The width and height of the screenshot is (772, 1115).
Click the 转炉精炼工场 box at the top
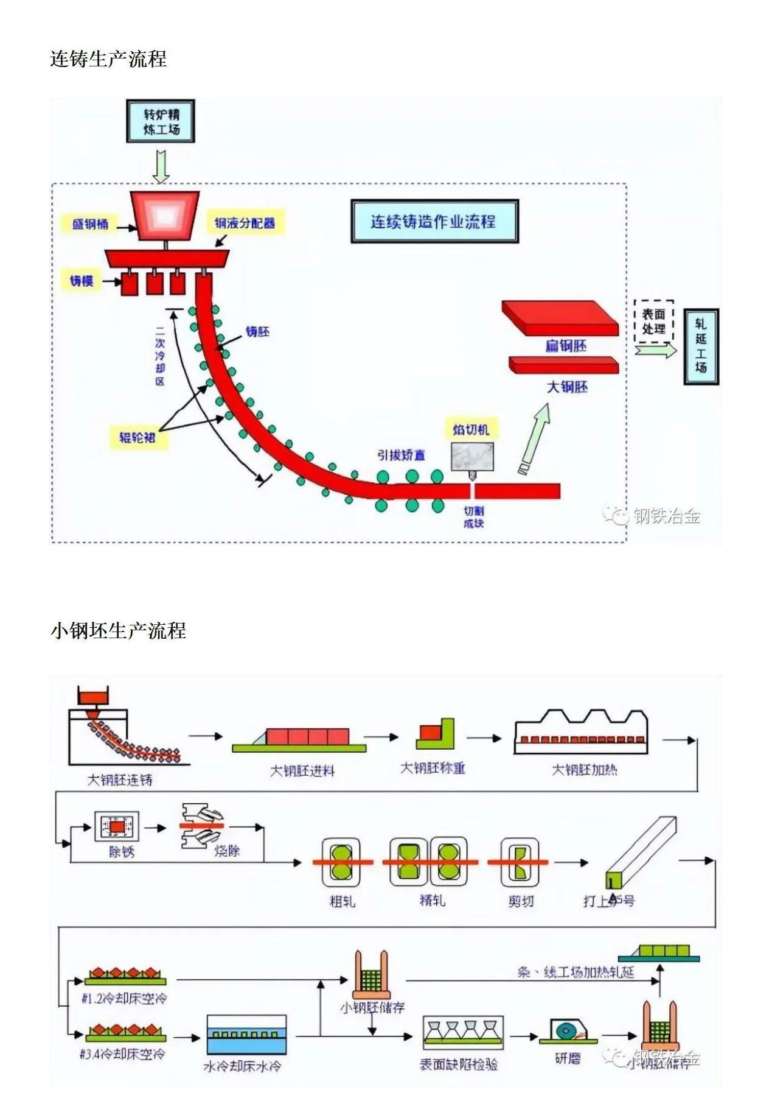pyautogui.click(x=161, y=122)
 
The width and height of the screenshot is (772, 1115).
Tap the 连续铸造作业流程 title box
pyautogui.click(x=434, y=221)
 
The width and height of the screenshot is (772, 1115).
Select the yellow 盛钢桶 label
pyautogui.click(x=90, y=224)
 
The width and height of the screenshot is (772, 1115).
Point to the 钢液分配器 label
pyautogui.click(x=245, y=223)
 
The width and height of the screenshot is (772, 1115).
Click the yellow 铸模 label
pyautogui.click(x=82, y=281)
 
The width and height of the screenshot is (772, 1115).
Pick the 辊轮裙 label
pyautogui.click(x=137, y=437)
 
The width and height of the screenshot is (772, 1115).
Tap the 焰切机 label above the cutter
pyautogui.click(x=471, y=429)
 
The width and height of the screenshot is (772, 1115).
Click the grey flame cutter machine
pyautogui.click(x=472, y=457)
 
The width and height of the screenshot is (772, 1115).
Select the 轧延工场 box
pyautogui.click(x=701, y=346)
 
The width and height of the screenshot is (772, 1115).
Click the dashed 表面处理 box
pyautogui.click(x=654, y=321)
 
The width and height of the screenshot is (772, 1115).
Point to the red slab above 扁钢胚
pyautogui.click(x=560, y=317)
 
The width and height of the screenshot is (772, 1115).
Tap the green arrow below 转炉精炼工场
pyautogui.click(x=161, y=166)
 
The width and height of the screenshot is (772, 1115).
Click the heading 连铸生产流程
pyautogui.click(x=108, y=59)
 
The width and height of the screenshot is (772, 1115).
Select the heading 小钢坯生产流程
pyautogui.click(x=118, y=630)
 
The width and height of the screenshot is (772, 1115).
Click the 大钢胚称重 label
pyautogui.click(x=433, y=769)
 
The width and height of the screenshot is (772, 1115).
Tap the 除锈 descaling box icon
pyautogui.click(x=117, y=827)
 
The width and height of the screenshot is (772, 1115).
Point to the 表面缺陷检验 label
pyautogui.click(x=459, y=1064)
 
